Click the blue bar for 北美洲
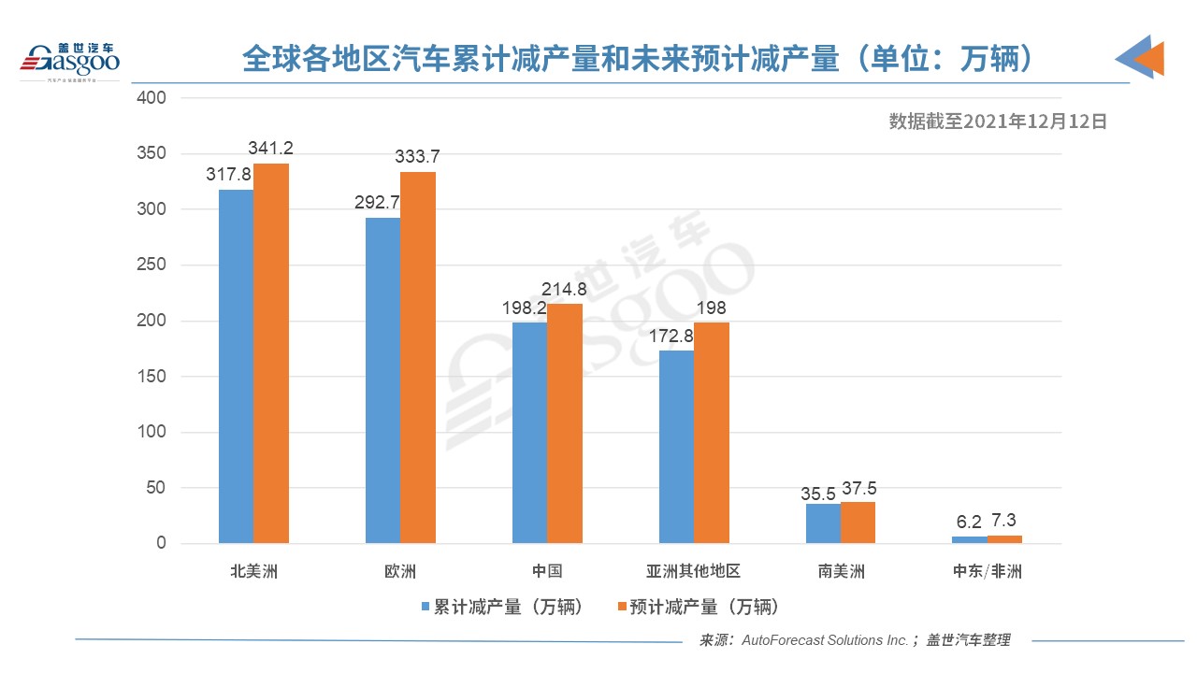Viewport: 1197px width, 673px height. [236, 366]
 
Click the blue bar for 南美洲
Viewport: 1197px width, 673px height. [823, 523]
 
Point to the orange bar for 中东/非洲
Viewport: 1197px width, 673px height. [1005, 539]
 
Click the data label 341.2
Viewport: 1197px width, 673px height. [271, 149]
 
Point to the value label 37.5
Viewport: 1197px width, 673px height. [858, 488]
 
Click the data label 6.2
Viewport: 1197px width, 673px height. [970, 523]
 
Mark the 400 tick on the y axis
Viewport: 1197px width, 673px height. [151, 98]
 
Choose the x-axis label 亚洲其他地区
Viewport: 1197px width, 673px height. [693, 571]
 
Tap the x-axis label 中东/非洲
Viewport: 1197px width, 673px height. [987, 571]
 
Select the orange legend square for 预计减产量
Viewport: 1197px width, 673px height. [621, 607]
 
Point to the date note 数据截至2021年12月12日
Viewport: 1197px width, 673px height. [998, 121]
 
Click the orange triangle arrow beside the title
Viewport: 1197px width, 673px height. [1149, 58]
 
